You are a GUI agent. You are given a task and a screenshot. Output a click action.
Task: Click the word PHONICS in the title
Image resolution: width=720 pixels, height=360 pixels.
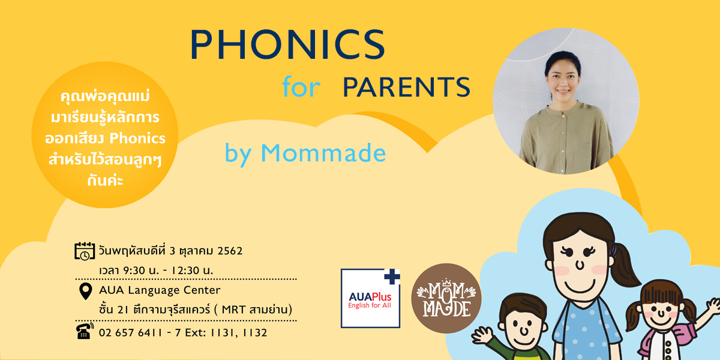click(287, 44)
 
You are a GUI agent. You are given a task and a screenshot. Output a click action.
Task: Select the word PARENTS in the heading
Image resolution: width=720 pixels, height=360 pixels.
click(407, 87)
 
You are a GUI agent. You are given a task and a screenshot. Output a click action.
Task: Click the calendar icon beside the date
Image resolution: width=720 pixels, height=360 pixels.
click(85, 251)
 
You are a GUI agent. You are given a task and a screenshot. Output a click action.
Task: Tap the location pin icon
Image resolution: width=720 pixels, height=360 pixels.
click(85, 291)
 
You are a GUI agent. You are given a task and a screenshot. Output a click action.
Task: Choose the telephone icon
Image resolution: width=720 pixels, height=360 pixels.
click(85, 331)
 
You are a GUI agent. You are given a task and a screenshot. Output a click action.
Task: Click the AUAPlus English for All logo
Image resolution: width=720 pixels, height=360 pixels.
click(371, 298)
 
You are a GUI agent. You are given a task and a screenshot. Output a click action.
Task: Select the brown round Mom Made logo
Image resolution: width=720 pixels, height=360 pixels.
click(446, 298)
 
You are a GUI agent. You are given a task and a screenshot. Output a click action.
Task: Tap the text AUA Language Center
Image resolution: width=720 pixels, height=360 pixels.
click(160, 290)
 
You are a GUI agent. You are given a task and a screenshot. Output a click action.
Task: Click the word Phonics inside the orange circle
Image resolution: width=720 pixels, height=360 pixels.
click(137, 139)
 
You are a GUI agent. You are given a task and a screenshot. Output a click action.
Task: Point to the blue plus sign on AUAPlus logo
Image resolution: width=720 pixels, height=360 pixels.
click(392, 277)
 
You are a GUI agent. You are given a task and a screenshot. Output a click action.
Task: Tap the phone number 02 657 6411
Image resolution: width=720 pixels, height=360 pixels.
click(131, 332)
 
